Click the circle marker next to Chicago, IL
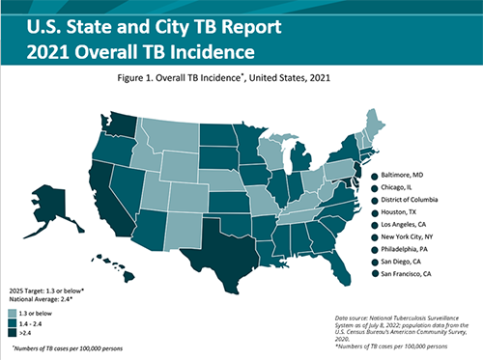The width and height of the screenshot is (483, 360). (x=373, y=188)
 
